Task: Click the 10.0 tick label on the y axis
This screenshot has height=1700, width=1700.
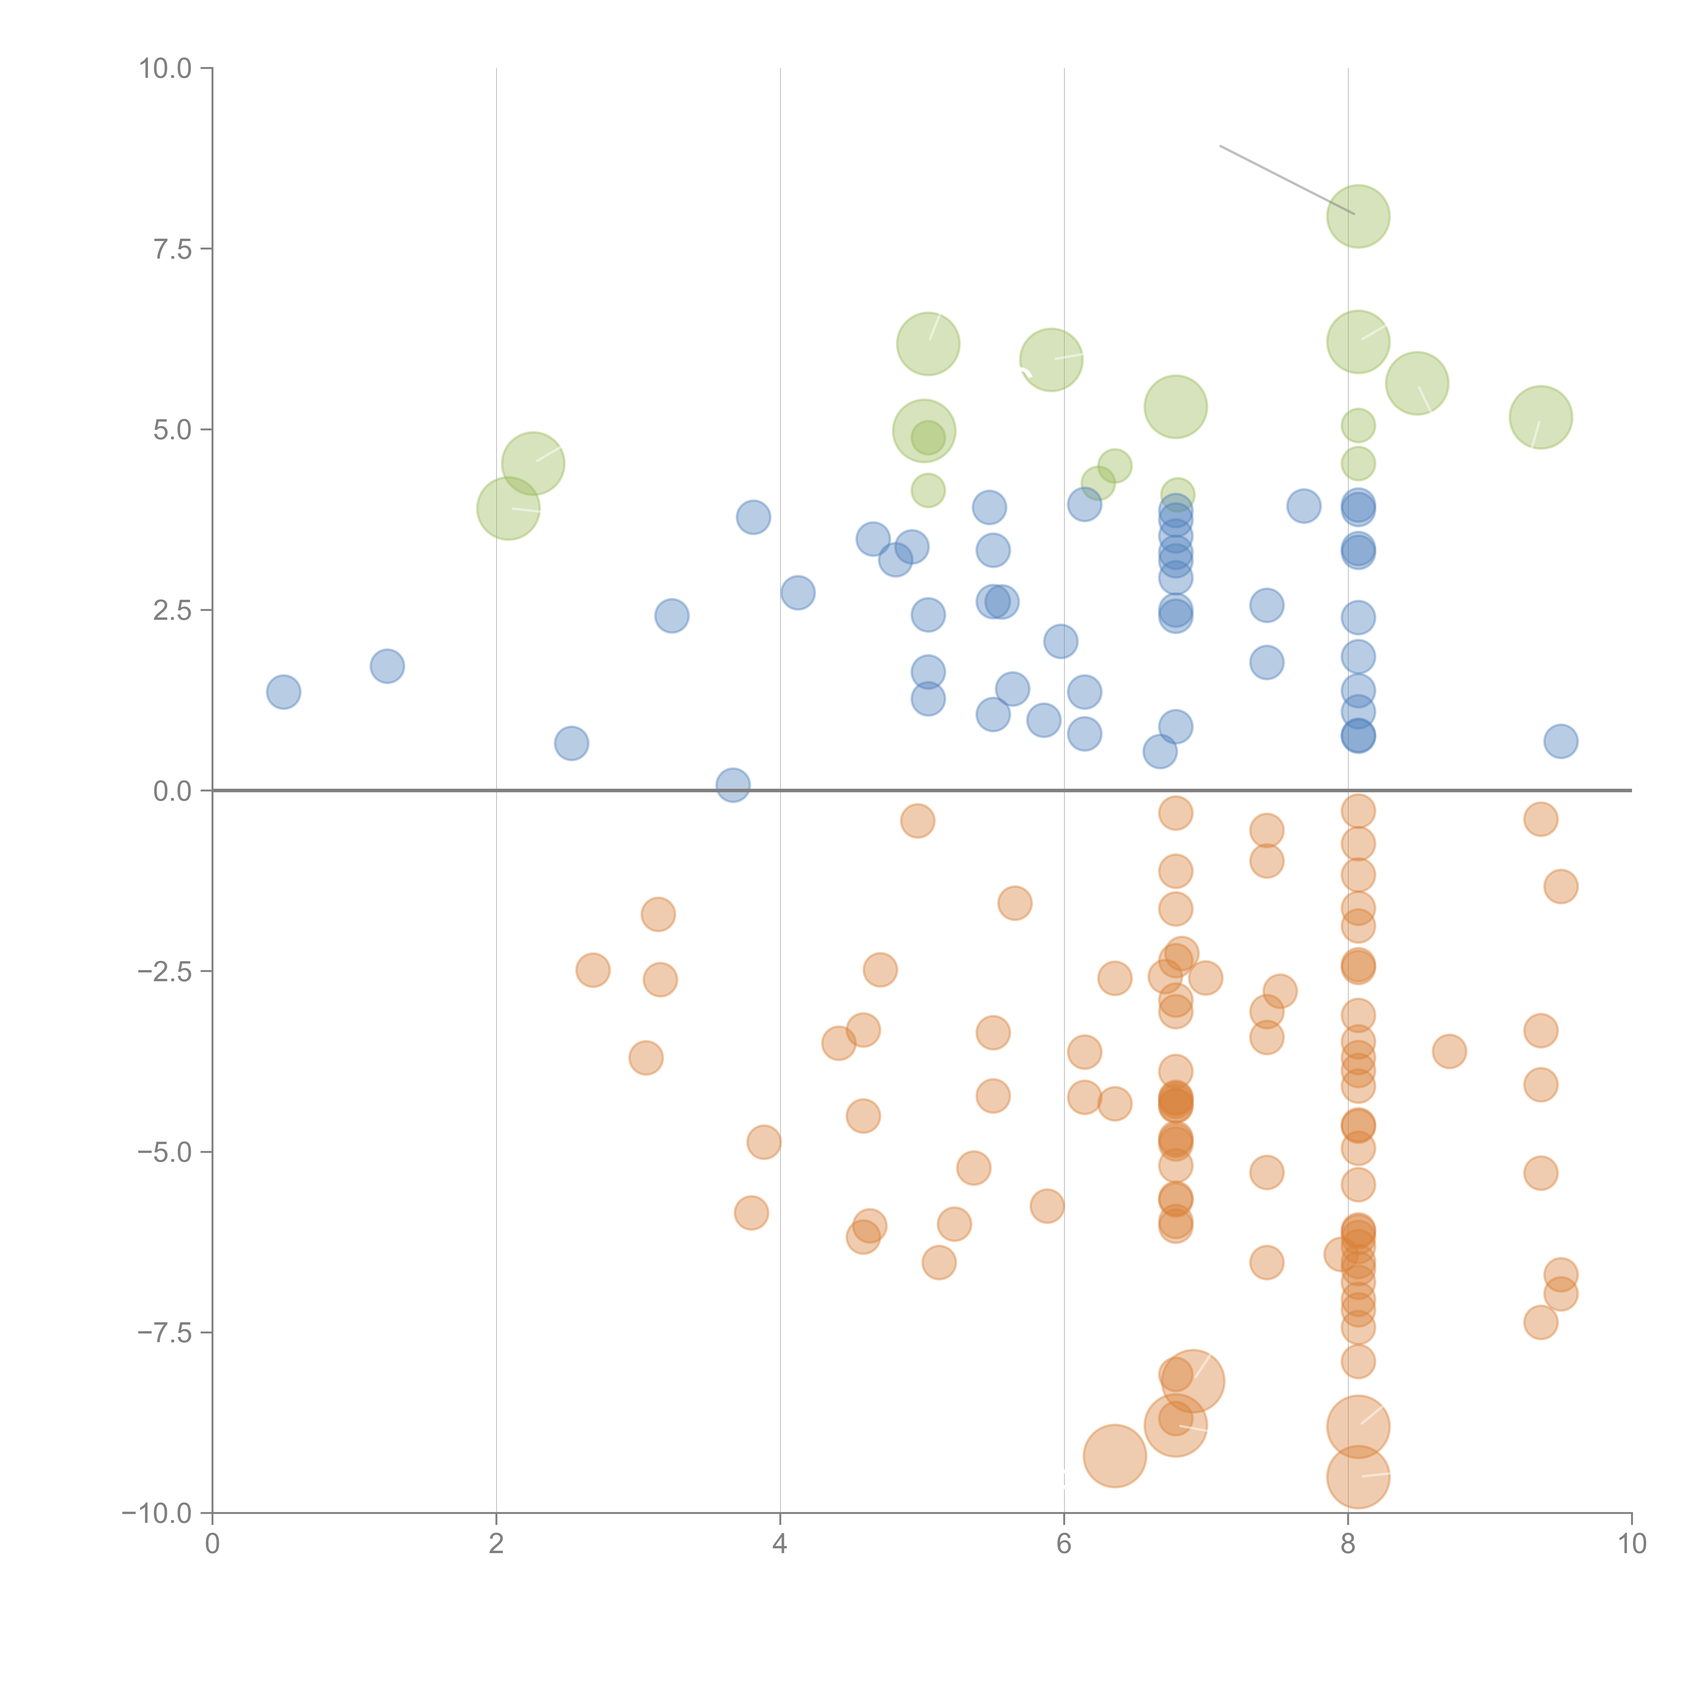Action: (x=166, y=69)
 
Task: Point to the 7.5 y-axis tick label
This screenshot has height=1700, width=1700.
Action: (x=172, y=249)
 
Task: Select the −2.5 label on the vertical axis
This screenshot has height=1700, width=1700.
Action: (x=166, y=971)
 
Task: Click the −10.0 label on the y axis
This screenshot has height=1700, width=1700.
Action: (x=158, y=1513)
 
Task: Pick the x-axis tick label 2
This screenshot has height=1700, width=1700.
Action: (x=496, y=1544)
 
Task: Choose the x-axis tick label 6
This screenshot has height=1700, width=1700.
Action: (x=1064, y=1544)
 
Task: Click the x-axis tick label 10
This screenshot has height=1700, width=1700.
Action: (x=1631, y=1544)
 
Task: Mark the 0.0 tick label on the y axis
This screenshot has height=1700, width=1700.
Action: (x=172, y=791)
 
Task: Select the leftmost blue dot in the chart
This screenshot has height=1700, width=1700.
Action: (x=283, y=692)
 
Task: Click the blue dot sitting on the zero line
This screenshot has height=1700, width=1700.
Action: (x=733, y=785)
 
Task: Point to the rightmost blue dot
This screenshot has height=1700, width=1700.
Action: (x=1560, y=741)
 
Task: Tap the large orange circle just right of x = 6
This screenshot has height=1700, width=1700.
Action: (x=1114, y=1456)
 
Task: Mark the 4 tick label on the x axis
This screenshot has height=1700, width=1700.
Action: (x=780, y=1544)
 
